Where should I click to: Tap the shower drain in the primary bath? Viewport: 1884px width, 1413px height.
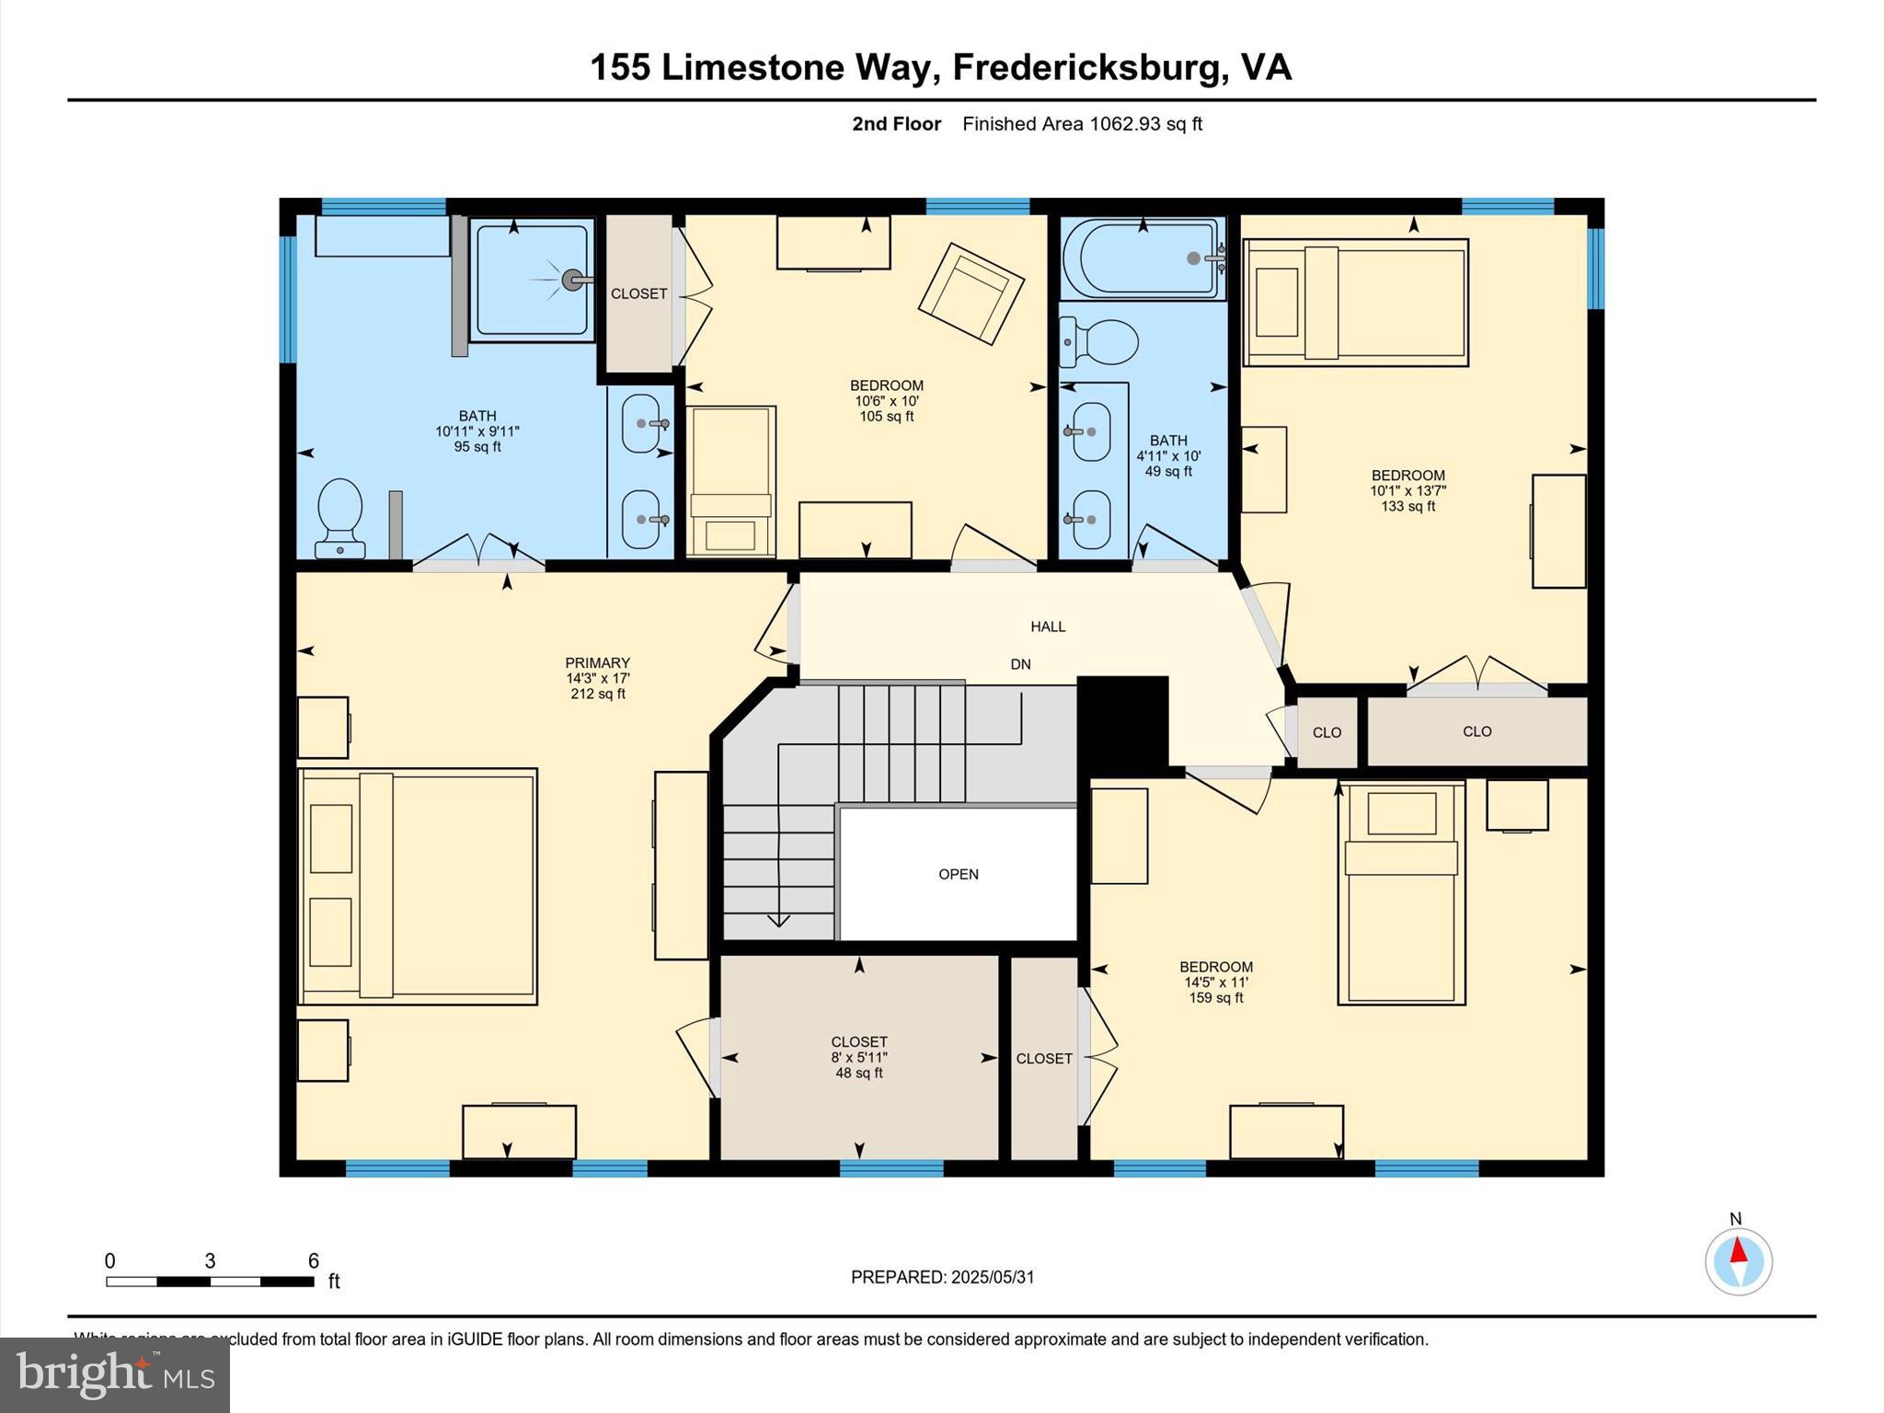[x=573, y=280]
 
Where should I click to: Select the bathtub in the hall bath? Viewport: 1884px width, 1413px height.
[x=1143, y=258]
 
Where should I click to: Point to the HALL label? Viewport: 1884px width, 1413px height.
[x=1048, y=626]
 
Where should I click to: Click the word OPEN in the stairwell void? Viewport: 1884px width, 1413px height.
[x=958, y=874]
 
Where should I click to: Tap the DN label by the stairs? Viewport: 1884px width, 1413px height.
[x=1020, y=664]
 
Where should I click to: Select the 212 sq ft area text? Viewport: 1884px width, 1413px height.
[x=597, y=694]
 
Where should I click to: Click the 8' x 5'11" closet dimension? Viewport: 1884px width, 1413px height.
[x=858, y=1058]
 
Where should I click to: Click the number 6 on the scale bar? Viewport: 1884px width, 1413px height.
[x=313, y=1260]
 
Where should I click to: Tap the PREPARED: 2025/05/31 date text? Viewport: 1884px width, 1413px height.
[x=942, y=1277]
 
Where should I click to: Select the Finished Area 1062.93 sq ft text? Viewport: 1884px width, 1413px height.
[x=1082, y=124]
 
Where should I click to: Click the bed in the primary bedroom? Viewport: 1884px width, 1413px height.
[x=419, y=886]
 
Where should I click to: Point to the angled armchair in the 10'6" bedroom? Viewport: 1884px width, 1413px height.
[x=971, y=293]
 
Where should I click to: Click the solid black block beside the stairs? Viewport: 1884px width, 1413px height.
[x=1122, y=721]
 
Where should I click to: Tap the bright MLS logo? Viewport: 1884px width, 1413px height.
[x=115, y=1374]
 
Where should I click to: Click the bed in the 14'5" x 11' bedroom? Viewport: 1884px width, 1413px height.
[x=1400, y=892]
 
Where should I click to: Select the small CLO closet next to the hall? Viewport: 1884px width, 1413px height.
[x=1327, y=732]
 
